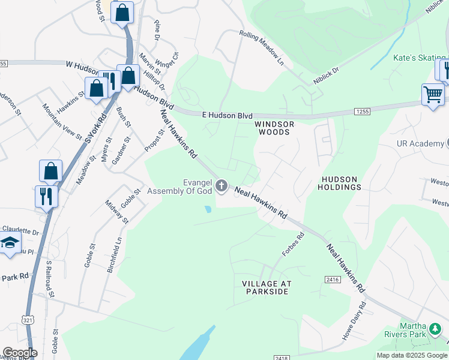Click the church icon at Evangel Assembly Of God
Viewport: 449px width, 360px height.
click(x=222, y=186)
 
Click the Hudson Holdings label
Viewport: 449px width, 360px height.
click(x=341, y=183)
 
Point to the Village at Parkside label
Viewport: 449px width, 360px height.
click(x=266, y=287)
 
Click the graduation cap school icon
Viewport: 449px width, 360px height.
click(x=10, y=243)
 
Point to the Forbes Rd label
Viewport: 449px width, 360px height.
click(x=294, y=244)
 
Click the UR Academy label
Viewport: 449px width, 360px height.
click(x=420, y=143)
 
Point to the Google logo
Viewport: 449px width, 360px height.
click(x=20, y=353)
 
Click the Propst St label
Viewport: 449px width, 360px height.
click(x=154, y=140)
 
